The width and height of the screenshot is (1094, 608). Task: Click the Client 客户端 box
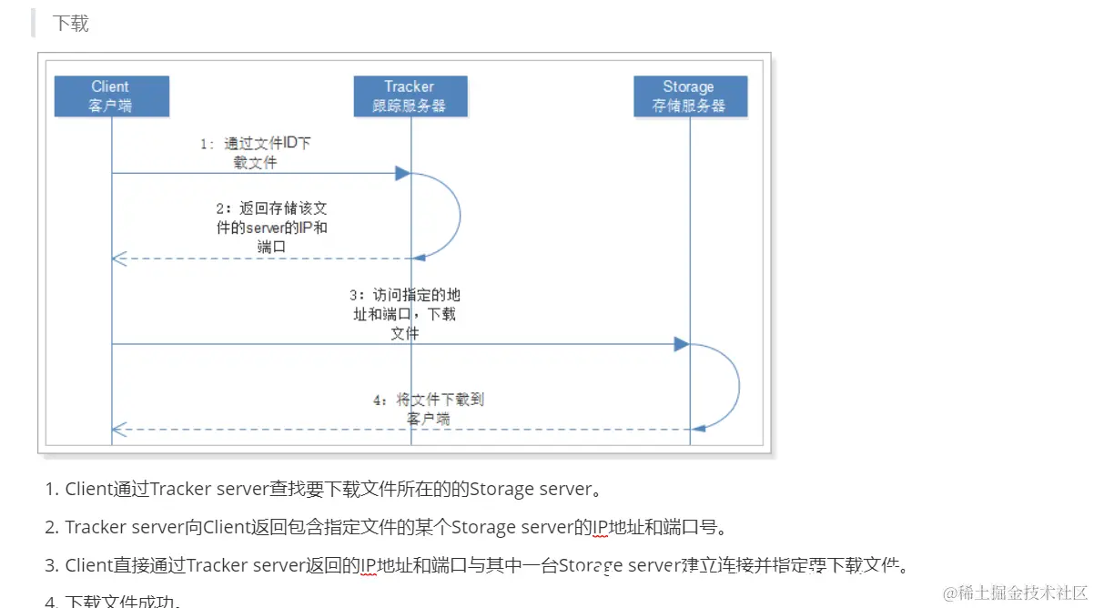coord(111,96)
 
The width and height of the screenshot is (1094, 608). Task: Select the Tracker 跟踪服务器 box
coord(410,96)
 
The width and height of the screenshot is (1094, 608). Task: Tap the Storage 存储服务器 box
coord(689,96)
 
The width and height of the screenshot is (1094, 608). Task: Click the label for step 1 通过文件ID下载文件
coord(258,153)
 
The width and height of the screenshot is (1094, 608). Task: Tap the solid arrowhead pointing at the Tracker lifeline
coord(402,173)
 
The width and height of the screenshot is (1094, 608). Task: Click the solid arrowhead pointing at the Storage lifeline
coord(681,344)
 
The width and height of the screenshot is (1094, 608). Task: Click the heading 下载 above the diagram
coord(70,24)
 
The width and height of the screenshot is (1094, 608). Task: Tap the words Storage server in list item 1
coord(530,490)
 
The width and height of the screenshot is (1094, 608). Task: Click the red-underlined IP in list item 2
coord(601,527)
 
